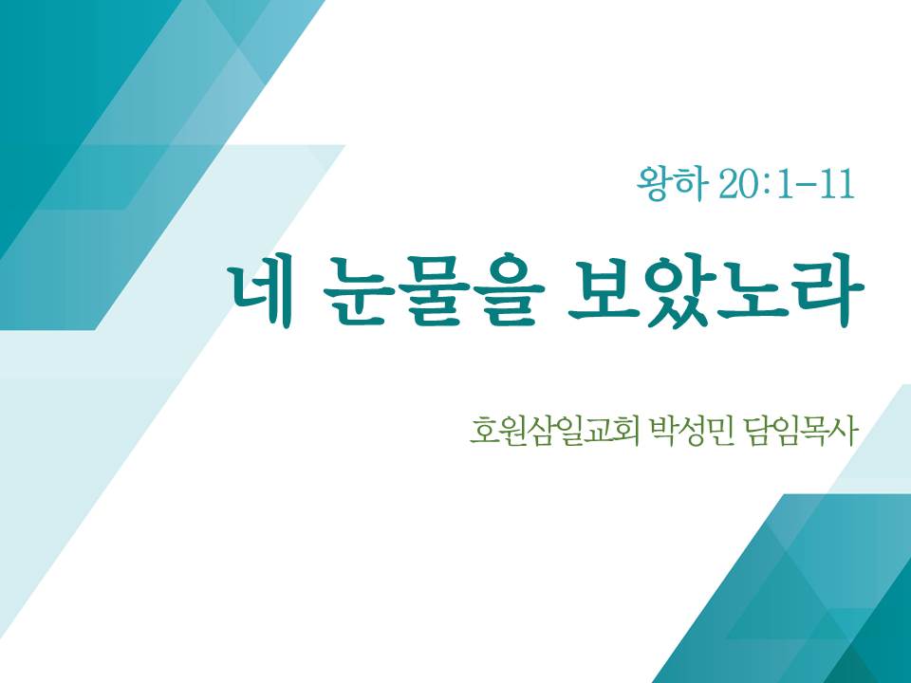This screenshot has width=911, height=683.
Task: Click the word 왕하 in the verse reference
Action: [673, 185]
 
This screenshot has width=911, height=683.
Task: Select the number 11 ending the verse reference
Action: [837, 185]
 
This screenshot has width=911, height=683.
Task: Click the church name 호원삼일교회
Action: [554, 431]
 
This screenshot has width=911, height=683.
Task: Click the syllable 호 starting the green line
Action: [483, 431]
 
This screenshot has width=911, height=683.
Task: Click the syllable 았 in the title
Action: [679, 290]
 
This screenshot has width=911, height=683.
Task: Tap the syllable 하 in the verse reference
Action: [693, 185]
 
